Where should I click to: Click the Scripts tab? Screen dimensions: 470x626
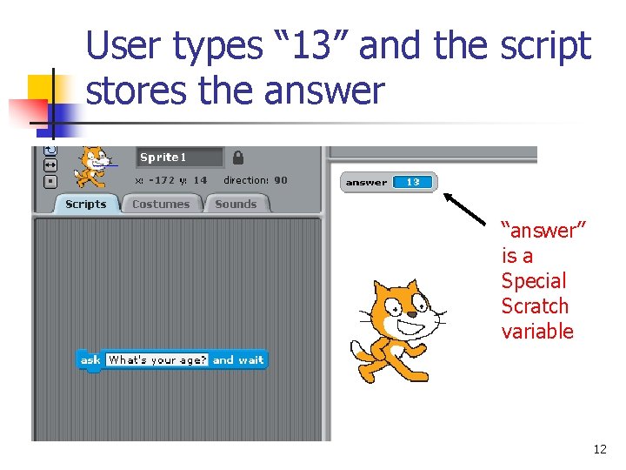(85, 205)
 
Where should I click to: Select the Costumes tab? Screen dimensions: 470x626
(161, 205)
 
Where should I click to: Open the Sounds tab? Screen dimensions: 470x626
(236, 205)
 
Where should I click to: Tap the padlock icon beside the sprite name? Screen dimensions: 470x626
(238, 158)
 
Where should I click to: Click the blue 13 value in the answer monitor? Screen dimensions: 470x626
(413, 182)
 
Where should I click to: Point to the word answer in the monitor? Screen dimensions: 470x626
(366, 183)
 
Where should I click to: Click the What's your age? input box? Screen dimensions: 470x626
(157, 359)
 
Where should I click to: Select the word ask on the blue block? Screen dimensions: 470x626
(90, 359)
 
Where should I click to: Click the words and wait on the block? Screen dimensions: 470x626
(238, 359)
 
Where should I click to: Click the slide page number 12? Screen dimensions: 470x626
(599, 449)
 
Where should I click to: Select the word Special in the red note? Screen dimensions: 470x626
(533, 281)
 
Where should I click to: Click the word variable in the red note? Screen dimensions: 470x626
(537, 332)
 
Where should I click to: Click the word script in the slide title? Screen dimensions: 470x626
(543, 47)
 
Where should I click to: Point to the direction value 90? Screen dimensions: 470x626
(281, 181)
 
